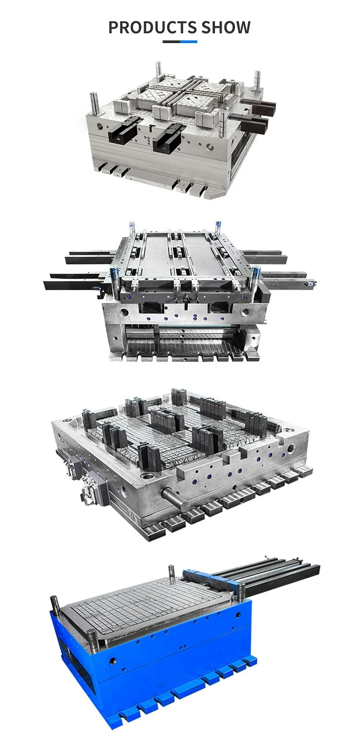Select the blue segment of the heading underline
tap(188, 42)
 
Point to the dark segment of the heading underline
tap(171, 42)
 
